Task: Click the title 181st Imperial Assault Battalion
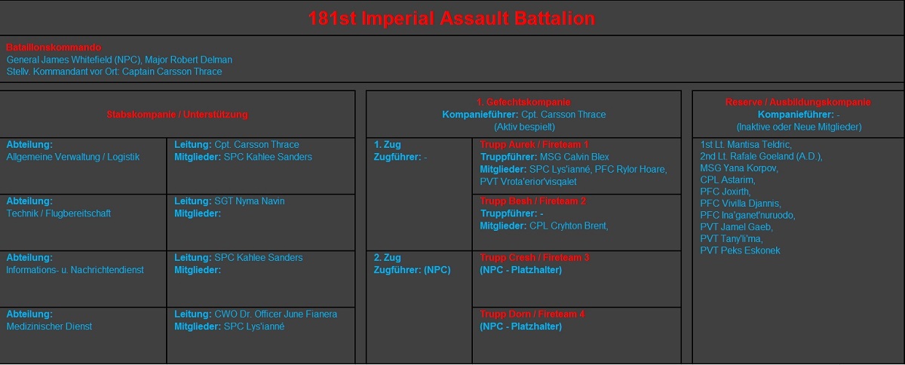451,19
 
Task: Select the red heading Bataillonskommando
54,48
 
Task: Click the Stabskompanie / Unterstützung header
177,115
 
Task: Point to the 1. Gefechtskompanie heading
523,102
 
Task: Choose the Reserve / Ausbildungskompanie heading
798,102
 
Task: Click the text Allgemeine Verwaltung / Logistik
73,157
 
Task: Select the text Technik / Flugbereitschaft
59,213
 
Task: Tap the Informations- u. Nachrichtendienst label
75,270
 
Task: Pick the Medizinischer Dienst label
50,327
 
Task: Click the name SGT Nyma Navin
250,201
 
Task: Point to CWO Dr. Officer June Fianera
276,314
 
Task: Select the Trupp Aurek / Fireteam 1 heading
534,144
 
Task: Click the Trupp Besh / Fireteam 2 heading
533,201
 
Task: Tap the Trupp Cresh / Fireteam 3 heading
535,258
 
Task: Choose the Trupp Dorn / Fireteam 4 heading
532,314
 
